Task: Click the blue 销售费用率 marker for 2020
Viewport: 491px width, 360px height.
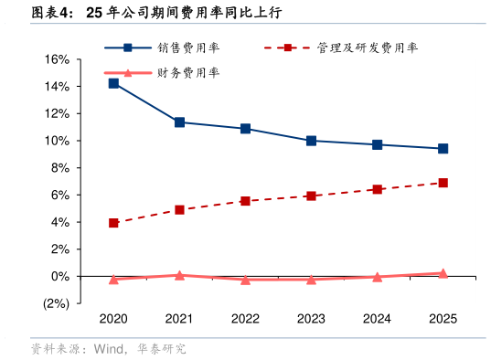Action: (x=113, y=83)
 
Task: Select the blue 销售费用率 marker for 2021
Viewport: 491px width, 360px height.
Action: (x=179, y=122)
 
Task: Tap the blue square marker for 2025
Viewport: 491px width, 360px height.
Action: (x=443, y=148)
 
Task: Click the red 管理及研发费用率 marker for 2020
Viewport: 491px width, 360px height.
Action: (x=113, y=223)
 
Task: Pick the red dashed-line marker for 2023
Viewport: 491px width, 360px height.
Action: (x=311, y=196)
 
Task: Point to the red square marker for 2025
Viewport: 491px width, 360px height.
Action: (x=443, y=183)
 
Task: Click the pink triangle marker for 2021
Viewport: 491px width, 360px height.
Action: (x=179, y=274)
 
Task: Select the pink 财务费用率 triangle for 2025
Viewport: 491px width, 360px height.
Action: (x=443, y=272)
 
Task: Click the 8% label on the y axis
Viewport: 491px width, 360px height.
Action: (x=59, y=168)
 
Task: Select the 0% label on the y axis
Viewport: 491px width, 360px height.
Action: (x=59, y=276)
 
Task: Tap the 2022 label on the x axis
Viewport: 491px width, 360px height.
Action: (x=245, y=319)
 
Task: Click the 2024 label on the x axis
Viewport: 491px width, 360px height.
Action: (x=377, y=319)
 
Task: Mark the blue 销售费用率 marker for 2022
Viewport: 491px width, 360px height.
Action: (x=245, y=129)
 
